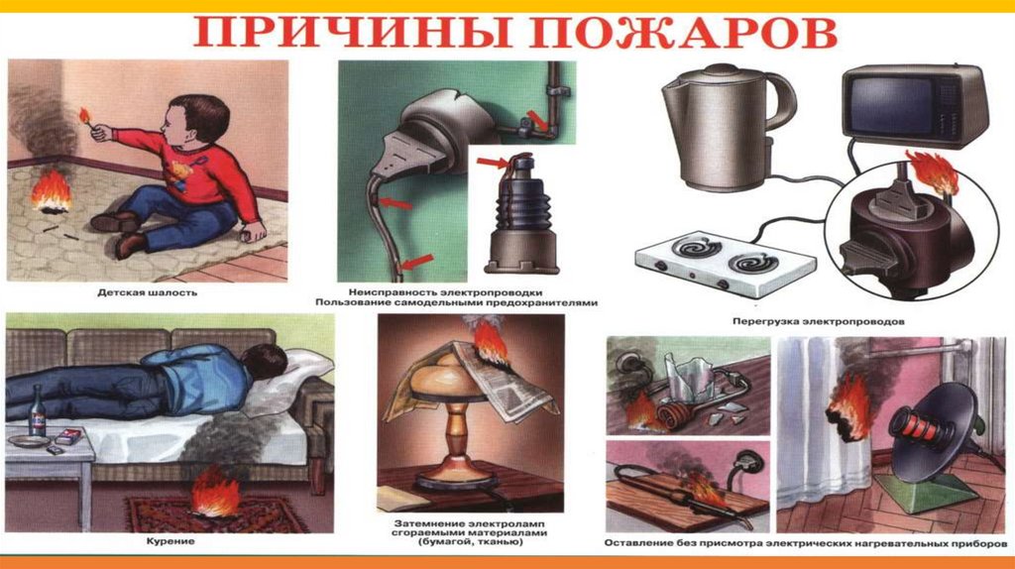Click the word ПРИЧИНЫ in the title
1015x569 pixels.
pos(352,33)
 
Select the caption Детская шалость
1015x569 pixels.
pos(148,292)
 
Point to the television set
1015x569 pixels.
pos(915,107)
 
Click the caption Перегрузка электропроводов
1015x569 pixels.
pos(818,321)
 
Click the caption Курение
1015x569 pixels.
pos(170,541)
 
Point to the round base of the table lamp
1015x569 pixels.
pos(456,479)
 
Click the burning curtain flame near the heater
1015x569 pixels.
pos(848,407)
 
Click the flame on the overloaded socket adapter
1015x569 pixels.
pos(933,171)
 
